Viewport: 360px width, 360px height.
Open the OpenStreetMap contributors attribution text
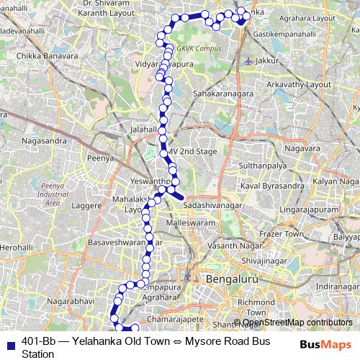click(297, 323)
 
